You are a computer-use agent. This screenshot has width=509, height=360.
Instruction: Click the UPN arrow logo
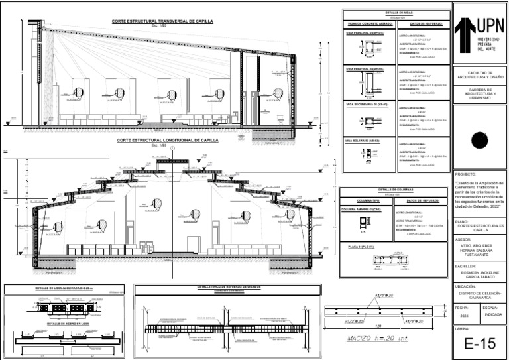coord(465,31)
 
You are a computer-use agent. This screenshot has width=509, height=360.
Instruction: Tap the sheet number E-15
coord(480,343)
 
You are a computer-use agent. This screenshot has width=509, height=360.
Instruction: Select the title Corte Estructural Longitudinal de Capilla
coord(168,141)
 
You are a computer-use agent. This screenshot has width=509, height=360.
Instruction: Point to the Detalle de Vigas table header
coord(396,13)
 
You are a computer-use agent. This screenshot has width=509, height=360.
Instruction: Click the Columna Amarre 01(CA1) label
coord(361,209)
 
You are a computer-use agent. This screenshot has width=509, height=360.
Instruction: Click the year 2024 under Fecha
coord(464,316)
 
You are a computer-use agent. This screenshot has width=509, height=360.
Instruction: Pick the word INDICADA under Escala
coord(493,316)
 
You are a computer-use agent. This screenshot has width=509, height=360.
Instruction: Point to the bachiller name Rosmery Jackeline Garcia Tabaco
coord(480,274)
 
